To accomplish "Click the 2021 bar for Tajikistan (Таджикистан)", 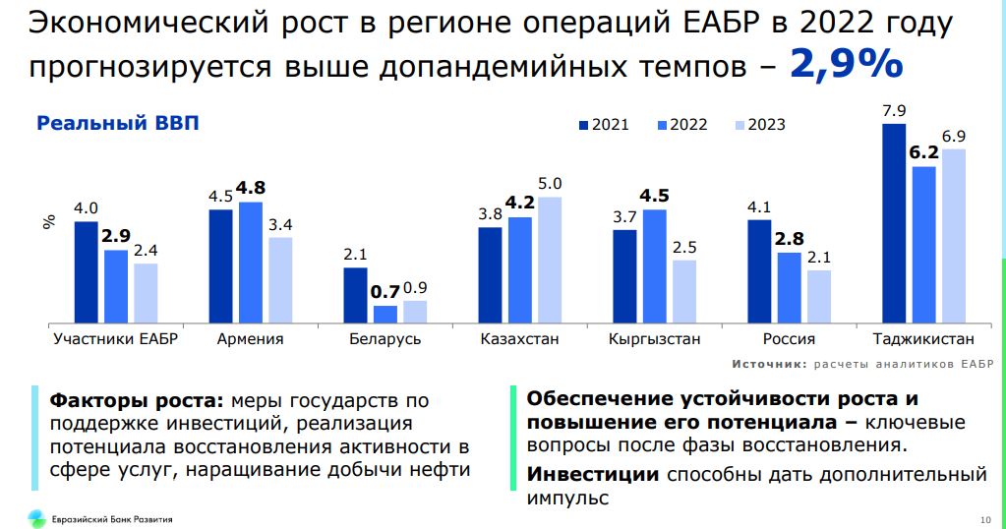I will (x=893, y=223).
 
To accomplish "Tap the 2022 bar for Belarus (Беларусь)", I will (x=385, y=314).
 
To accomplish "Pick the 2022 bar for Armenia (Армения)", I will (x=251, y=262).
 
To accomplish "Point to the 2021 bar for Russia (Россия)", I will (x=759, y=271).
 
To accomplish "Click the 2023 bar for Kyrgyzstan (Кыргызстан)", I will (x=683, y=291).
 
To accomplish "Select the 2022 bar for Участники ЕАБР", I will (x=116, y=286).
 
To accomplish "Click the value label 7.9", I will (x=894, y=110).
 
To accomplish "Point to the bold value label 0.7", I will (x=385, y=291).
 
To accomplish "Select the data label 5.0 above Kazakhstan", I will (x=550, y=183).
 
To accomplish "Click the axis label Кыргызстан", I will (x=654, y=339).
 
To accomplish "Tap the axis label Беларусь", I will (x=385, y=339).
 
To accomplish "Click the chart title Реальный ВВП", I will (x=117, y=123).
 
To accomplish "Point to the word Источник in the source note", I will (x=766, y=364).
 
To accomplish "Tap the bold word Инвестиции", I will (x=592, y=475).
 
